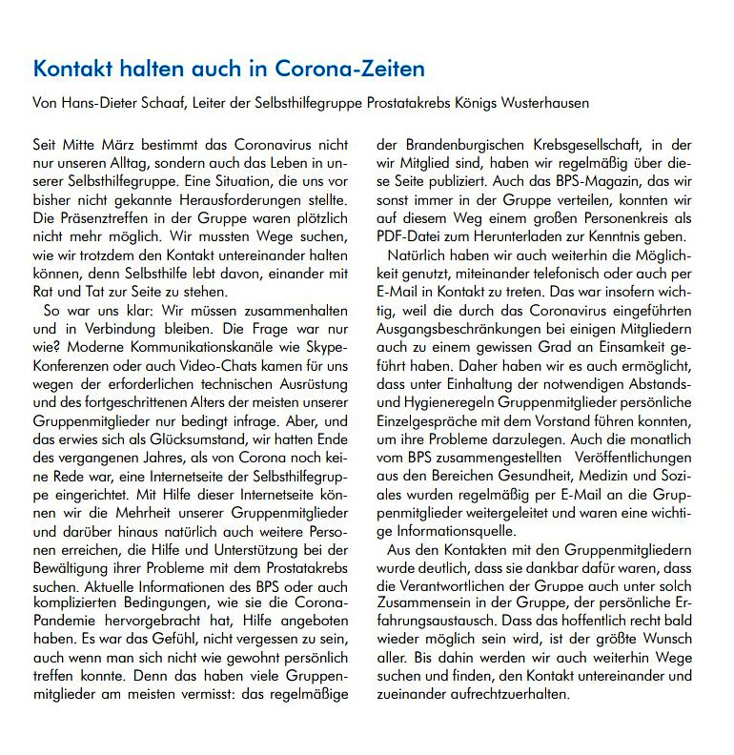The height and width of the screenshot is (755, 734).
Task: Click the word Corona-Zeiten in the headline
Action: [x=350, y=71]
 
